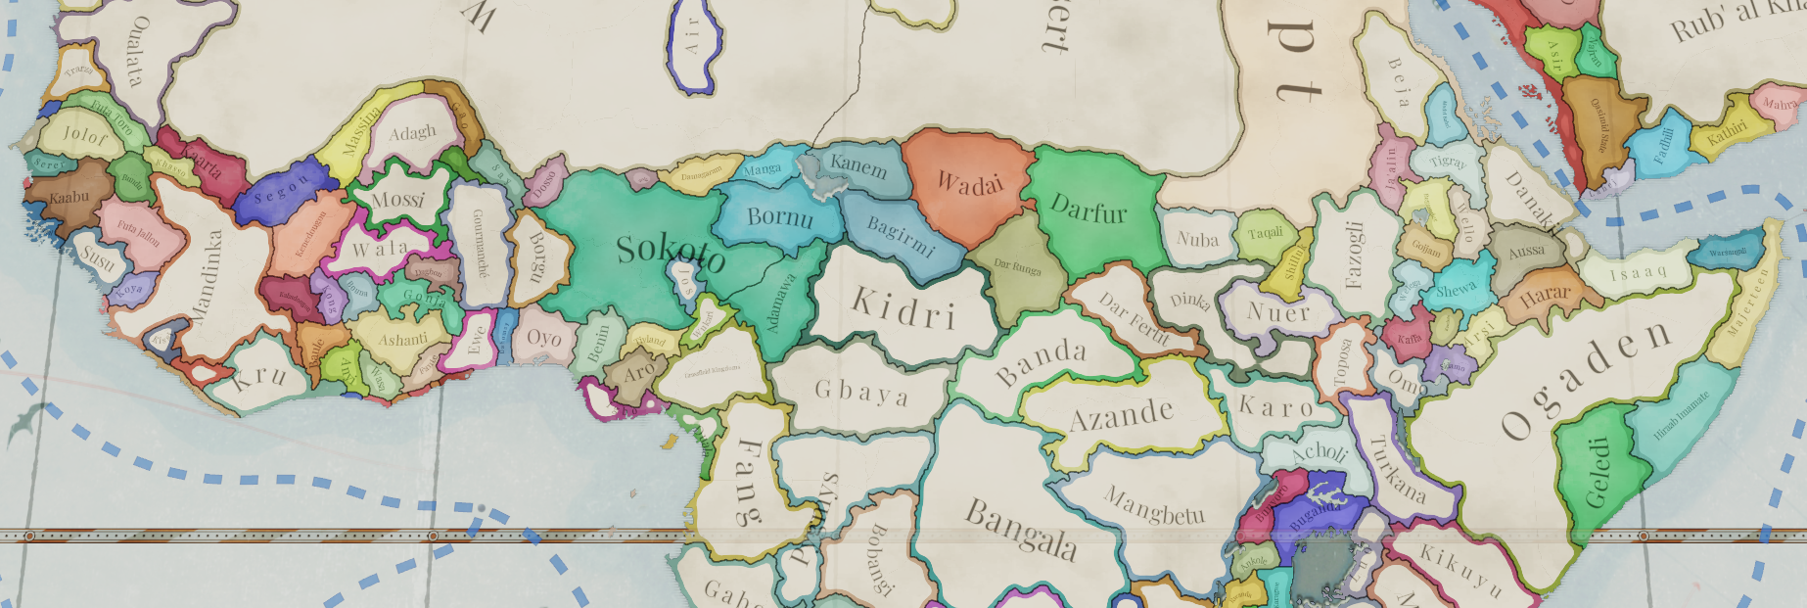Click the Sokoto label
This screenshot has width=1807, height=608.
(671, 254)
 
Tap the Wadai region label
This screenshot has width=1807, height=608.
(969, 183)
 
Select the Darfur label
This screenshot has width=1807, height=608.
(1089, 209)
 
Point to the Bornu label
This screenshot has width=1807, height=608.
(779, 216)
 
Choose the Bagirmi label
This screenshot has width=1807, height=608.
(901, 236)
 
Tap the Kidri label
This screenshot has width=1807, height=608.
(903, 308)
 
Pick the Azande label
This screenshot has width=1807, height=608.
(1121, 415)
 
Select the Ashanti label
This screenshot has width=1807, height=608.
(402, 340)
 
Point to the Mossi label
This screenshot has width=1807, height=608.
(397, 200)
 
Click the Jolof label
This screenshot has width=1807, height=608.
(84, 135)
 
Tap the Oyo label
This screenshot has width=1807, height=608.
(544, 338)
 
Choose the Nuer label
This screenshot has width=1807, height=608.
(1277, 311)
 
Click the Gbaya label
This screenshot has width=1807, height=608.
(861, 394)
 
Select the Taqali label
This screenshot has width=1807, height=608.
(1265, 233)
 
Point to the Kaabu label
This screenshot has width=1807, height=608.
(69, 197)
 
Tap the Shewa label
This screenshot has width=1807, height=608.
(1456, 290)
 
